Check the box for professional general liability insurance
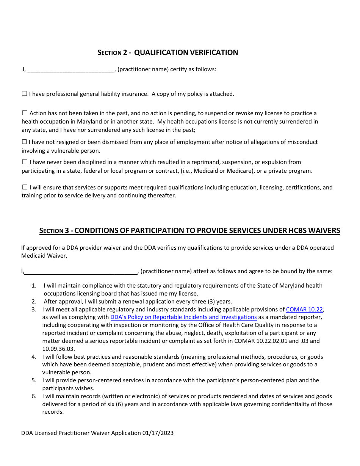(x=25, y=94)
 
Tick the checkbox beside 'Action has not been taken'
(x=25, y=113)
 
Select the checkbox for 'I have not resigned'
(x=25, y=142)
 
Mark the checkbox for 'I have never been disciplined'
(x=25, y=162)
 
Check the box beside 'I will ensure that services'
(x=25, y=187)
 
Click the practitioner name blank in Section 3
(x=81, y=271)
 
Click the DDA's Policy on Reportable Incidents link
(x=183, y=317)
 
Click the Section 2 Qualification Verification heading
(x=168, y=53)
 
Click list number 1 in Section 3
(x=34, y=286)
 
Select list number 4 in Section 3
(x=34, y=357)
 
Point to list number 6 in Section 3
(x=34, y=396)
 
